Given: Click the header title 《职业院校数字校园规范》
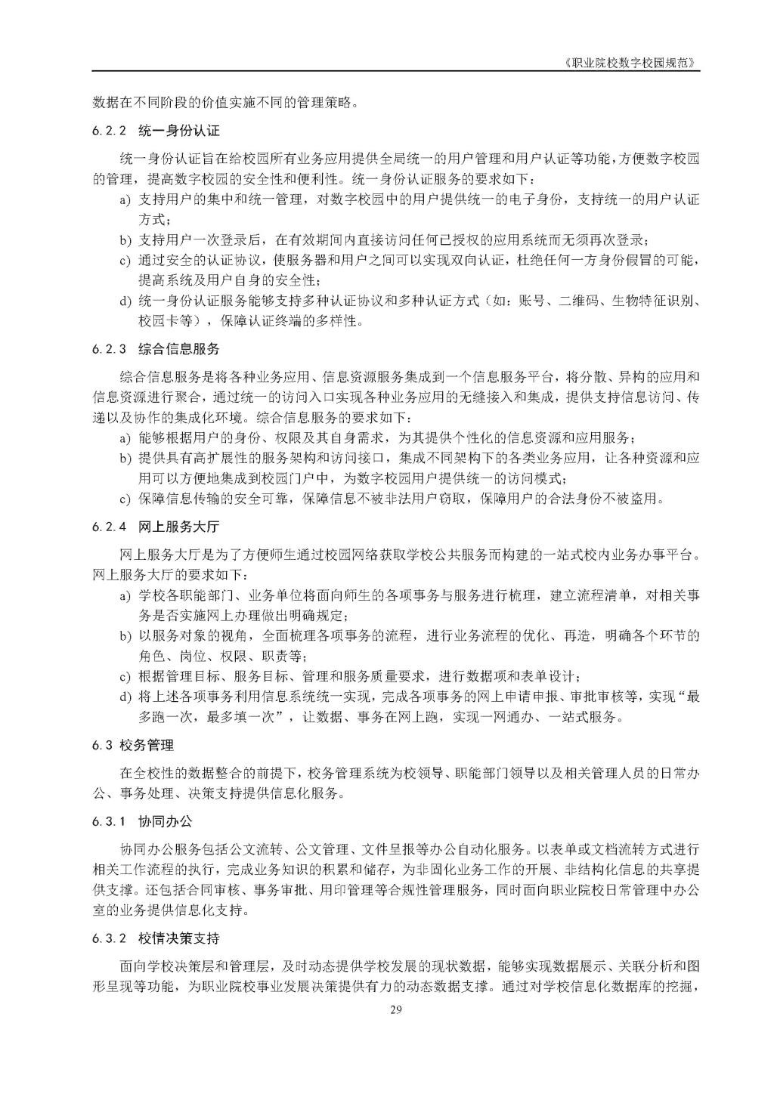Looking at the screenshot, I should click(x=631, y=63).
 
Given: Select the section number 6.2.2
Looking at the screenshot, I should click(x=109, y=131).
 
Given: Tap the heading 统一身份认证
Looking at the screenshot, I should click(x=178, y=131).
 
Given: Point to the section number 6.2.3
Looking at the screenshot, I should click(x=109, y=349).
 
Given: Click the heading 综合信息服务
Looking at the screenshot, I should click(x=178, y=349).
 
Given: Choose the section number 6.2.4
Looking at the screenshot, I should click(x=109, y=527).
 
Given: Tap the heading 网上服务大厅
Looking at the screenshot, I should click(x=178, y=527).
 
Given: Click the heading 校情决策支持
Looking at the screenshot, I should click(x=178, y=939).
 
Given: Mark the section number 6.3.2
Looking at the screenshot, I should click(x=109, y=939).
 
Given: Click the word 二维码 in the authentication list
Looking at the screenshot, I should click(x=578, y=301).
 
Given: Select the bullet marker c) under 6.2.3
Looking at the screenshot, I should click(x=125, y=499).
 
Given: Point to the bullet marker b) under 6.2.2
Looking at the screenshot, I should click(x=125, y=241).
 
